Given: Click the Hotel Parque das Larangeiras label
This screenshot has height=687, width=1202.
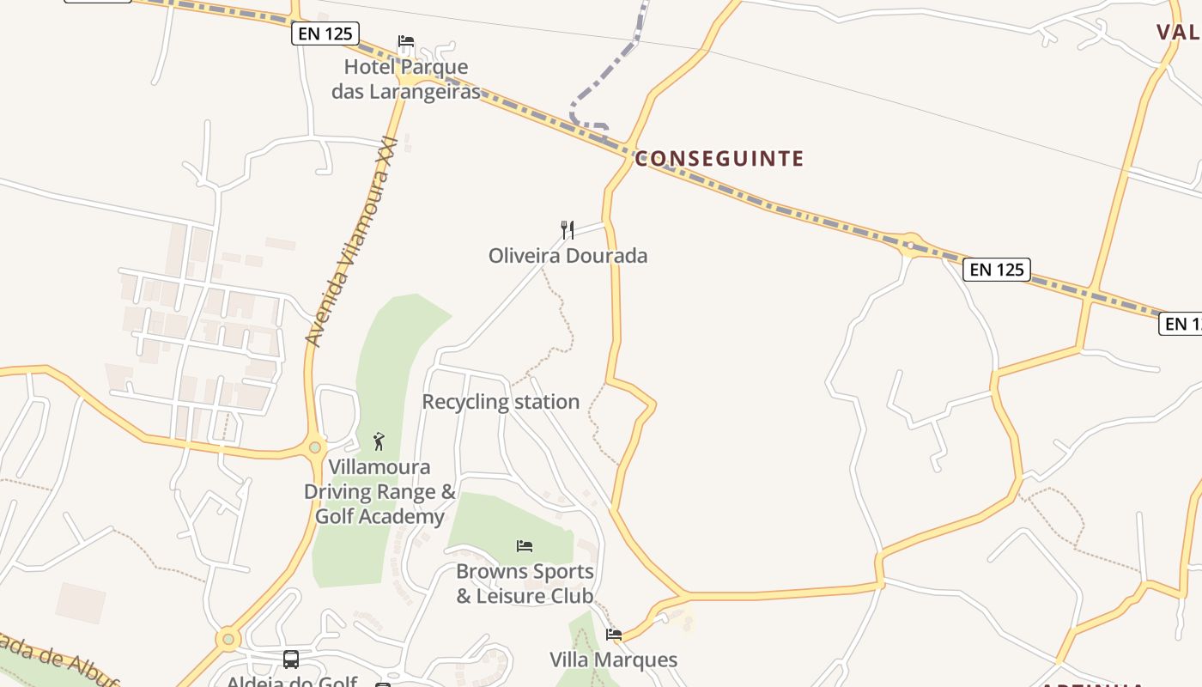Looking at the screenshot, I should coord(406,79).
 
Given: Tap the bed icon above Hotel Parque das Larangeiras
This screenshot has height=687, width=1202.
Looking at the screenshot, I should coord(406,41).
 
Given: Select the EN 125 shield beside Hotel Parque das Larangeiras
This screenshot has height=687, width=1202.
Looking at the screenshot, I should coord(325,34).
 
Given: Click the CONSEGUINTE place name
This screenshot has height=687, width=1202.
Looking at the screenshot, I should coord(719,159).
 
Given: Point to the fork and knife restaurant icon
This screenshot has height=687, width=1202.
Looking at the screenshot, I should coord(568,229).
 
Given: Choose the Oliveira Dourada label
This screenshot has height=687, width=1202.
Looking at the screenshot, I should coord(568,256).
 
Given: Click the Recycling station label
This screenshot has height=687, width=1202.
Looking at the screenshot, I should coord(501,402).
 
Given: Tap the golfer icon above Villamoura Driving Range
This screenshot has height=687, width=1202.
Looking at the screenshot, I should coord(379,441).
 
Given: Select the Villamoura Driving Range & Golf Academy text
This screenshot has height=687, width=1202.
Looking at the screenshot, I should coord(379,492).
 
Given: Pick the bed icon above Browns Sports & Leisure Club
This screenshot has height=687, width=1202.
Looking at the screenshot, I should coord(525,545).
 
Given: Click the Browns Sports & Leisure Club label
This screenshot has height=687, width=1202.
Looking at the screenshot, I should coord(525,584).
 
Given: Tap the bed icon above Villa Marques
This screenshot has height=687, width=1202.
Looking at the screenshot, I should coord(614,635).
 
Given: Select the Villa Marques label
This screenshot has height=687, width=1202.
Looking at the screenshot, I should coord(614,660).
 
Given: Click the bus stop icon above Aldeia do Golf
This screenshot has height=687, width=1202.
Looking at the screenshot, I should coord(291,660).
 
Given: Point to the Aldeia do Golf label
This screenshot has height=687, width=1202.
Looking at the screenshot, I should coord(292,682).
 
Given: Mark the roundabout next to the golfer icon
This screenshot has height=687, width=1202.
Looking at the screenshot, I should coord(315,447).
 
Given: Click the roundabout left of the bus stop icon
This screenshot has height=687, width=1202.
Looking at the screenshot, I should coord(228,639).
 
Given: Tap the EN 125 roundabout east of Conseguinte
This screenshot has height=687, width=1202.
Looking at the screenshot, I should coord(909,245).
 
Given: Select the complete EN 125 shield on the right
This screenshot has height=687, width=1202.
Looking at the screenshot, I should coord(996,270).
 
